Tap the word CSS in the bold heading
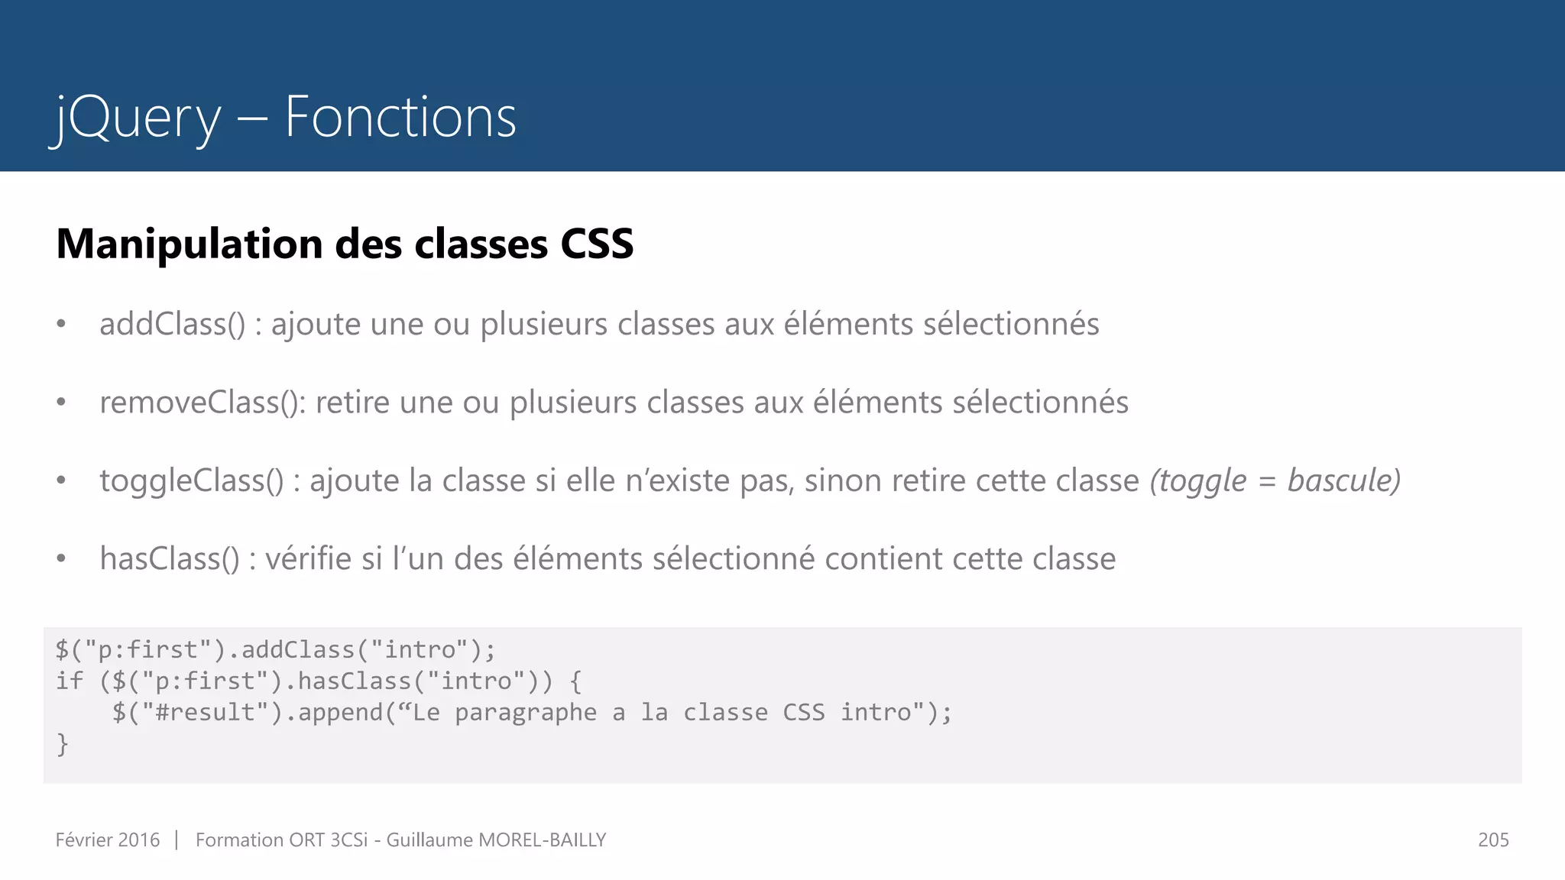[597, 244]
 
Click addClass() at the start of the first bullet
[173, 325]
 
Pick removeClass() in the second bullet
[202, 403]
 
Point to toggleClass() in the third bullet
[192, 481]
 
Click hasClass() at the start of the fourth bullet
[170, 559]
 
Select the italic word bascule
[1342, 480]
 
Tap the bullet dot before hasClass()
[61, 558]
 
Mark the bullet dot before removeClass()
[61, 402]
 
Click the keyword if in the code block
[69, 681]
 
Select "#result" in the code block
[205, 712]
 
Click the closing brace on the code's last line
[63, 743]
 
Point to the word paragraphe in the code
[526, 712]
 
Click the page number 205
[1493, 840]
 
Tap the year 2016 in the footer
[138, 840]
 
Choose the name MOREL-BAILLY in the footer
[542, 840]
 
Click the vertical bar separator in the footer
[177, 840]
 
